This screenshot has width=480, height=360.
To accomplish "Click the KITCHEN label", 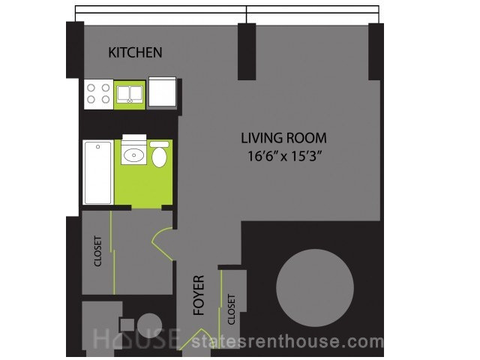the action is pos(135,52).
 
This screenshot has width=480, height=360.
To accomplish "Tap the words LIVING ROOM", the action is pos(283,138).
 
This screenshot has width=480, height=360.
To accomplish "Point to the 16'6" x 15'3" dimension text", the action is pos(285,157).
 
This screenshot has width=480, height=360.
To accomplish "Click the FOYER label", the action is pos(199,295).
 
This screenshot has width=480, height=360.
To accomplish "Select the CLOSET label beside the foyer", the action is pos(232,310).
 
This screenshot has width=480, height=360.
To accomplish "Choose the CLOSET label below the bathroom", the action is pos(97,250).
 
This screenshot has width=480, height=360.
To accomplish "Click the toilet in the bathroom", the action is pos(159,154).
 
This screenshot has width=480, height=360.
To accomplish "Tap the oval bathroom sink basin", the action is pos(133,155).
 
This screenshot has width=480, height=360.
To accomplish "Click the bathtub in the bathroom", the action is pos(98,172).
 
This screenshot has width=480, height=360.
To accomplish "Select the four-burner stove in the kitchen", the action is pos(98,94).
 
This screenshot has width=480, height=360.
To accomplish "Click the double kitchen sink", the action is pos(130,94).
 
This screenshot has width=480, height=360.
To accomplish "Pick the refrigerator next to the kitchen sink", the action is pos(162,91).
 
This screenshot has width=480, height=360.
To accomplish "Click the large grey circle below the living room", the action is pos(315,288).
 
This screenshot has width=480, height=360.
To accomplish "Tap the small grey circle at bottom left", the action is pos(149,325).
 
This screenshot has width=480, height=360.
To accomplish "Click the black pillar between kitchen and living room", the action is pos(247,52).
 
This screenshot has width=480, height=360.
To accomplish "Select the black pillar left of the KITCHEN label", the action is pos(75,49).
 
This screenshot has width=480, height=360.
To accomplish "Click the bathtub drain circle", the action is pos(98,147).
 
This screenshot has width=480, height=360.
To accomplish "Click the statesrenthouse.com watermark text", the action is pos(287,342).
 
